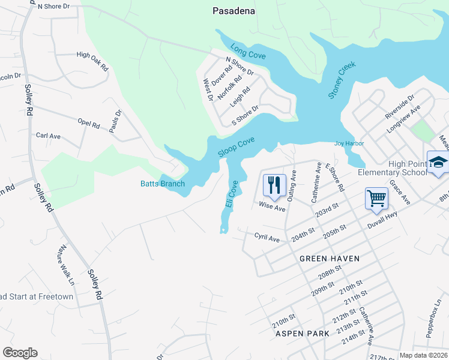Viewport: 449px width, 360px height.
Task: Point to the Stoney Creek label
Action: [x=342, y=80]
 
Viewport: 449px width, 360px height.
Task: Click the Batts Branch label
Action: [x=163, y=184]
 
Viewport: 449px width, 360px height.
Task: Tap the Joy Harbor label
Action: [x=349, y=144]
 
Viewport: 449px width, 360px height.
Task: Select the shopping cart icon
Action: [x=376, y=199]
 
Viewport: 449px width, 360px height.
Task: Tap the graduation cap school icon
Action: [x=438, y=163]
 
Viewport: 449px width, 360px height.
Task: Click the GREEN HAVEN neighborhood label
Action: [x=330, y=259]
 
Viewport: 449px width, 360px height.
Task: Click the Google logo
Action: [x=20, y=353]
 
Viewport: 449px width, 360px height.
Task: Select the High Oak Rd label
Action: [x=92, y=59]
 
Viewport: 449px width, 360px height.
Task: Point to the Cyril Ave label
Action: [x=267, y=238]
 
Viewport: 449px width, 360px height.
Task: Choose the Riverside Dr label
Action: [x=399, y=107]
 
